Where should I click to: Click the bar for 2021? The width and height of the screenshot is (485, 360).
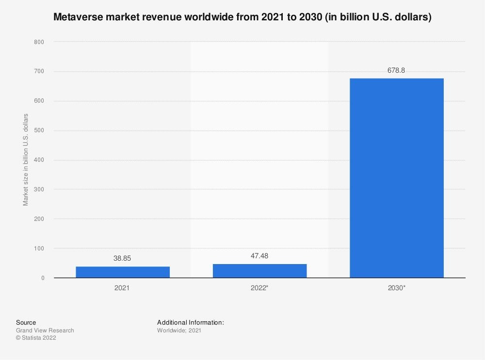click(123, 272)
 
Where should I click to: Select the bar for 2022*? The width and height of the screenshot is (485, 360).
click(259, 271)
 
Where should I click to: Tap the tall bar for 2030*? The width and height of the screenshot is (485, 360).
click(396, 178)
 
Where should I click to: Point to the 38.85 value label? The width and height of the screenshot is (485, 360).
click(122, 259)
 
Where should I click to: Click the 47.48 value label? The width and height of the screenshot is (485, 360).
click(259, 256)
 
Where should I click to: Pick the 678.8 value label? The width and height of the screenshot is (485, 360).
click(396, 70)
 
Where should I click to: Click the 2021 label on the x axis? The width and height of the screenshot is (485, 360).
click(122, 288)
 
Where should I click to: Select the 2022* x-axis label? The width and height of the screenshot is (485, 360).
click(260, 288)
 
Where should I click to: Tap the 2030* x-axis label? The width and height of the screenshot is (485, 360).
click(397, 288)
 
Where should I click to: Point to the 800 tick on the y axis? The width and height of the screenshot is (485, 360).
click(39, 42)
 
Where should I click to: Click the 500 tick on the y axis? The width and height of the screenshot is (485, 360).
click(39, 131)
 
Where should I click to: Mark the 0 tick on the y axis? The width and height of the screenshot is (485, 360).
click(42, 278)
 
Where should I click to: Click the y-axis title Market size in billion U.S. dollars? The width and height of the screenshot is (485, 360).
click(26, 159)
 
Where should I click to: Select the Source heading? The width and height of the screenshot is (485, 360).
click(26, 322)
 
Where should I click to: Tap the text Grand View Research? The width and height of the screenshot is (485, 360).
click(45, 330)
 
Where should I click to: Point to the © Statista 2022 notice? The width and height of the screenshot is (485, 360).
click(36, 338)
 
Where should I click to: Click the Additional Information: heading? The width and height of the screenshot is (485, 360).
click(191, 322)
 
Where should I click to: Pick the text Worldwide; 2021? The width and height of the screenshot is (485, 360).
click(179, 330)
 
